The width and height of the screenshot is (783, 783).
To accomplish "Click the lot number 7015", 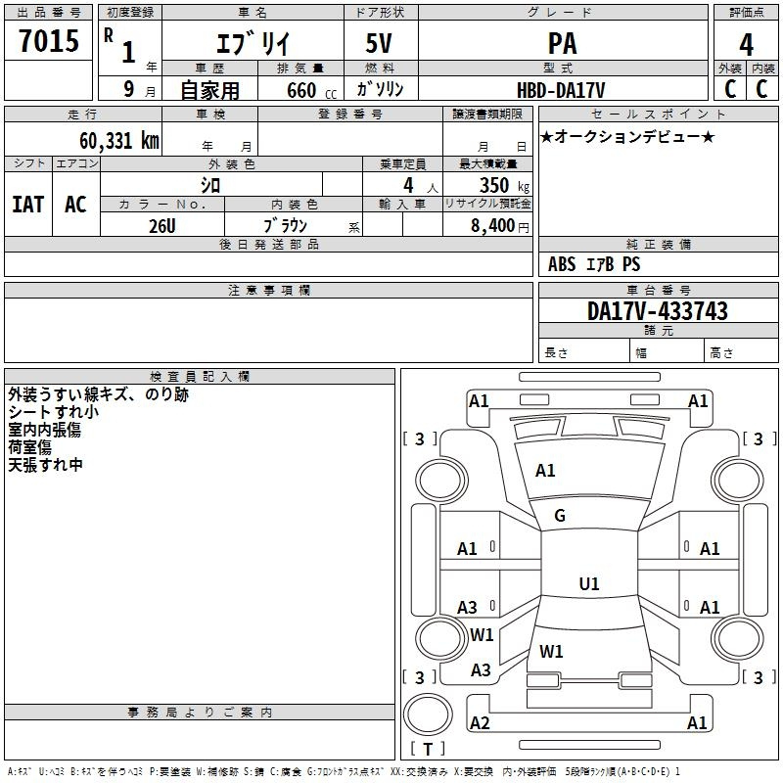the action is (x=49, y=41).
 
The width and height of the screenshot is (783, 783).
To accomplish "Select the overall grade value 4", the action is (x=746, y=45).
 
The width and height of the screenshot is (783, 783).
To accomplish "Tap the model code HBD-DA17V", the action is (x=561, y=90).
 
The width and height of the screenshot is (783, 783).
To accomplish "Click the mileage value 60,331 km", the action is (x=119, y=141).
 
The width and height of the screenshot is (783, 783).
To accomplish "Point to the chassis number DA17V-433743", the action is (x=657, y=311).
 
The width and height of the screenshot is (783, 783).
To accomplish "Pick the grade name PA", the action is (x=562, y=43).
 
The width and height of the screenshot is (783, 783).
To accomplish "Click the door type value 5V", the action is (x=379, y=43).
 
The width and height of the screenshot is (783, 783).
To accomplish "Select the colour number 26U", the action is (x=162, y=226).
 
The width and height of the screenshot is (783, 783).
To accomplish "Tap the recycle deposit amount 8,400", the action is (x=492, y=226).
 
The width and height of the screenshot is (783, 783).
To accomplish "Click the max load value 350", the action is (x=494, y=185).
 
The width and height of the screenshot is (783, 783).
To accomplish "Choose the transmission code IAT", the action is (x=28, y=205).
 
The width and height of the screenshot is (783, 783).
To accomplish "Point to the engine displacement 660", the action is (x=301, y=90).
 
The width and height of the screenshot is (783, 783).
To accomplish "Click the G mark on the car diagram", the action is (x=560, y=516).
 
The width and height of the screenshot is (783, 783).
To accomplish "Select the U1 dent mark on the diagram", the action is (x=589, y=583).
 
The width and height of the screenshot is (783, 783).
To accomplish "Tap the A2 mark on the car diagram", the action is (x=480, y=722).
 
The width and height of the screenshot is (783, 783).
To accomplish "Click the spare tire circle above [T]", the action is (x=428, y=714).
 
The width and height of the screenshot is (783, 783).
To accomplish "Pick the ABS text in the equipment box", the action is (x=562, y=264).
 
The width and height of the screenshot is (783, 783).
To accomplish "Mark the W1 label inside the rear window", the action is (x=551, y=651).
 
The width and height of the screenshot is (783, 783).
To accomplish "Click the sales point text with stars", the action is (x=627, y=136).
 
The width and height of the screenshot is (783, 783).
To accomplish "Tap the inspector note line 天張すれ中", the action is (x=45, y=465).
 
